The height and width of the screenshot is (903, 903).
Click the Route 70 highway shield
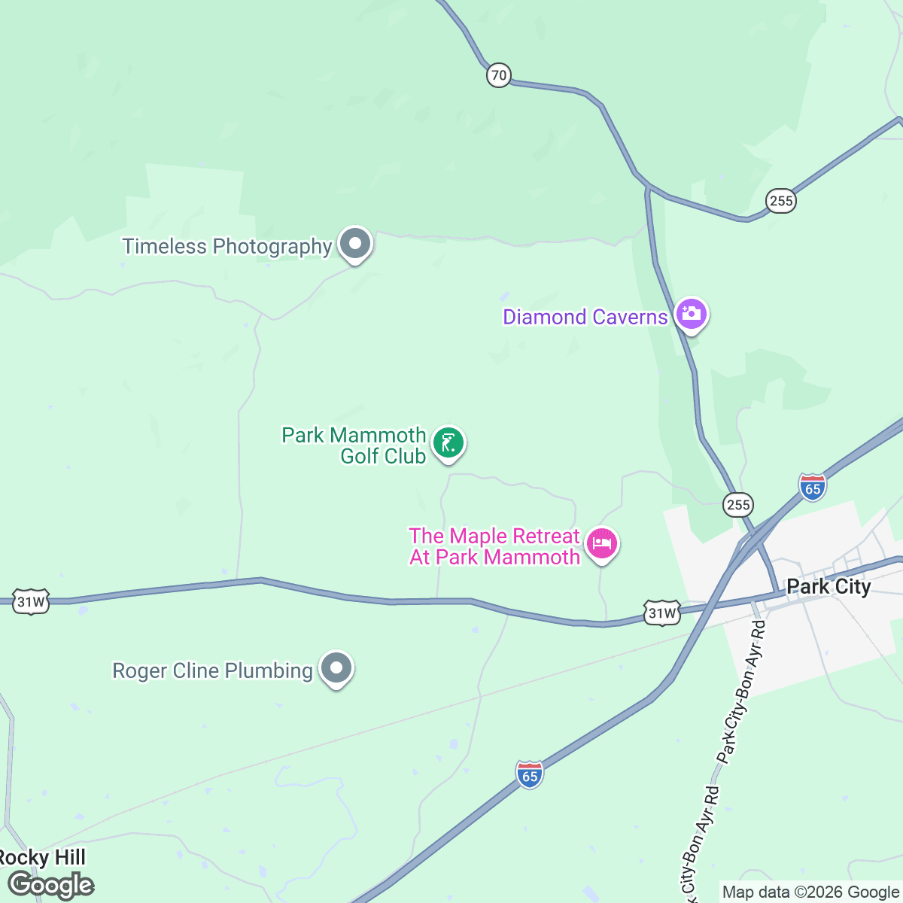(498, 75)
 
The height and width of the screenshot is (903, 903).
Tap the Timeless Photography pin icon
(355, 245)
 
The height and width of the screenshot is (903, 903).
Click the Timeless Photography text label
(227, 246)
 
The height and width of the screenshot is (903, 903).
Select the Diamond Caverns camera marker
(691, 315)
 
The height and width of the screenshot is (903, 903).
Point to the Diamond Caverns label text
(585, 317)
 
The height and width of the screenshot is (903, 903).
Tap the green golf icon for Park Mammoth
(449, 443)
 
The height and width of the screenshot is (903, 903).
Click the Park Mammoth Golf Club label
(354, 445)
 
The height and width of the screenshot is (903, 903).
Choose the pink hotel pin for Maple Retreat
(602, 543)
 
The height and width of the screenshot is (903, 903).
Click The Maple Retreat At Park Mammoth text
(494, 546)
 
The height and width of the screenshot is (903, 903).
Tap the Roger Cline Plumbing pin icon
(336, 668)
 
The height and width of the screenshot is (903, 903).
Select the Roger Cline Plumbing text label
(212, 670)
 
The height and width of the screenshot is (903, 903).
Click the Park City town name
(829, 587)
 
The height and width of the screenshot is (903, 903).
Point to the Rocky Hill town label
(42, 858)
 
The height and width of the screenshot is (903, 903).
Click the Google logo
(51, 885)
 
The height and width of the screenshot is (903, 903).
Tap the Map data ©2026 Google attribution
(810, 892)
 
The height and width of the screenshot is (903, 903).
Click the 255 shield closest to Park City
(738, 505)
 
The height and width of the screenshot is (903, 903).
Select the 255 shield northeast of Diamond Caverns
(781, 201)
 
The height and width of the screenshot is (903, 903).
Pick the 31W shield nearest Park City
(662, 613)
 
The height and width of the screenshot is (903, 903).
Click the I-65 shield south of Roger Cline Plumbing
(530, 775)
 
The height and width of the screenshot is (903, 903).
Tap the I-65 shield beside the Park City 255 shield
(813, 488)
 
